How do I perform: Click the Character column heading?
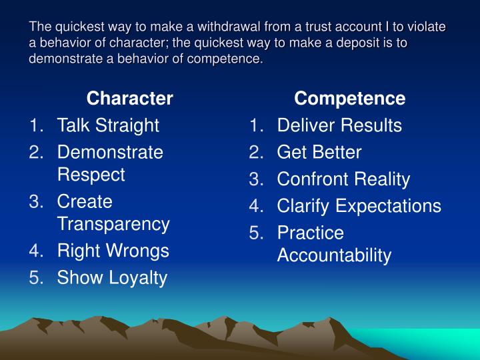(x=130, y=99)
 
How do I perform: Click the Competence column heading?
(x=350, y=99)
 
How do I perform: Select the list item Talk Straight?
(x=108, y=125)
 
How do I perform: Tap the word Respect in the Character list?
(x=91, y=175)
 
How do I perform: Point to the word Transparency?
(x=113, y=224)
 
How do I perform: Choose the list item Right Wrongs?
(x=113, y=251)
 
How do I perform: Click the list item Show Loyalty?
(x=112, y=278)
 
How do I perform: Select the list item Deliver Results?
(x=339, y=125)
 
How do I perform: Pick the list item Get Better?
(x=319, y=153)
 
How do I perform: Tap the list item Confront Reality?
(x=343, y=179)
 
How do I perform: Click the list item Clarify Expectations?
(x=359, y=206)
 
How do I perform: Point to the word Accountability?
(x=334, y=255)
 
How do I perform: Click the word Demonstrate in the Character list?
(x=110, y=153)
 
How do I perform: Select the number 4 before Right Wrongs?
(x=36, y=251)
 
